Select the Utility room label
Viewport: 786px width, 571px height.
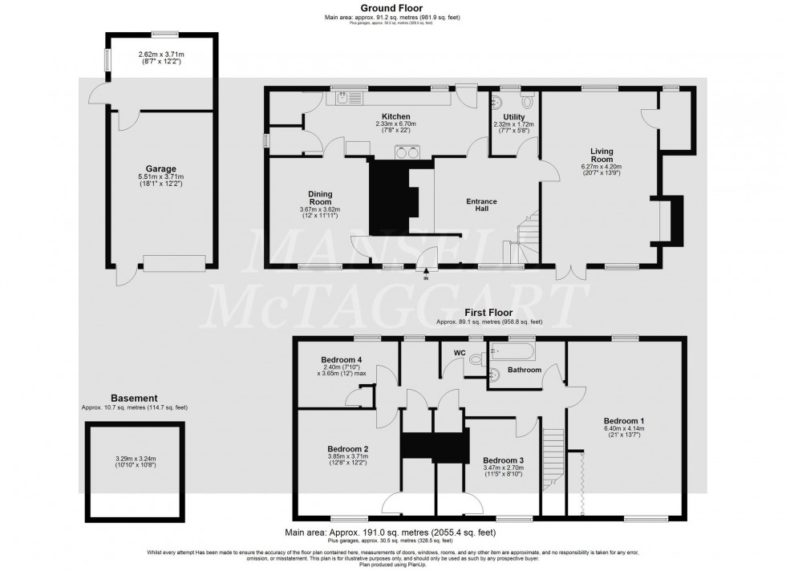514,116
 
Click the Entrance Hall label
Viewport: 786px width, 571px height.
482,205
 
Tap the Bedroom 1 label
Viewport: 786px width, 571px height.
625,420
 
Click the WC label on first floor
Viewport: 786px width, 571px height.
459,353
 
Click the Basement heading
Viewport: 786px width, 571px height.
134,398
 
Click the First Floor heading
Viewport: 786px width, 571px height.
489,313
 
